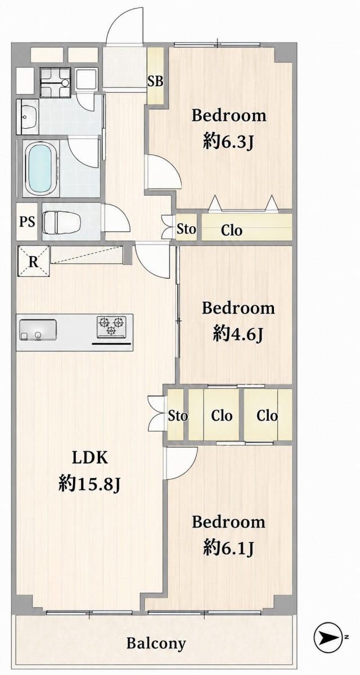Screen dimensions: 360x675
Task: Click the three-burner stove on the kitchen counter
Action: click(x=111, y=326)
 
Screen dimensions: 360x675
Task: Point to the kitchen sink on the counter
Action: click(x=38, y=330)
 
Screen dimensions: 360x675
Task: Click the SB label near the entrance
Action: click(x=155, y=82)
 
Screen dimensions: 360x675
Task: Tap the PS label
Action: click(x=27, y=222)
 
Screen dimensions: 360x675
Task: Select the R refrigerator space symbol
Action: click(x=33, y=262)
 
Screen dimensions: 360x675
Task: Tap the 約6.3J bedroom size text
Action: click(x=228, y=141)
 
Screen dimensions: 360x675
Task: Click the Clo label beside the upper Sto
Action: click(x=231, y=231)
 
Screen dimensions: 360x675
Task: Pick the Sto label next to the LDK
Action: click(x=178, y=416)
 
